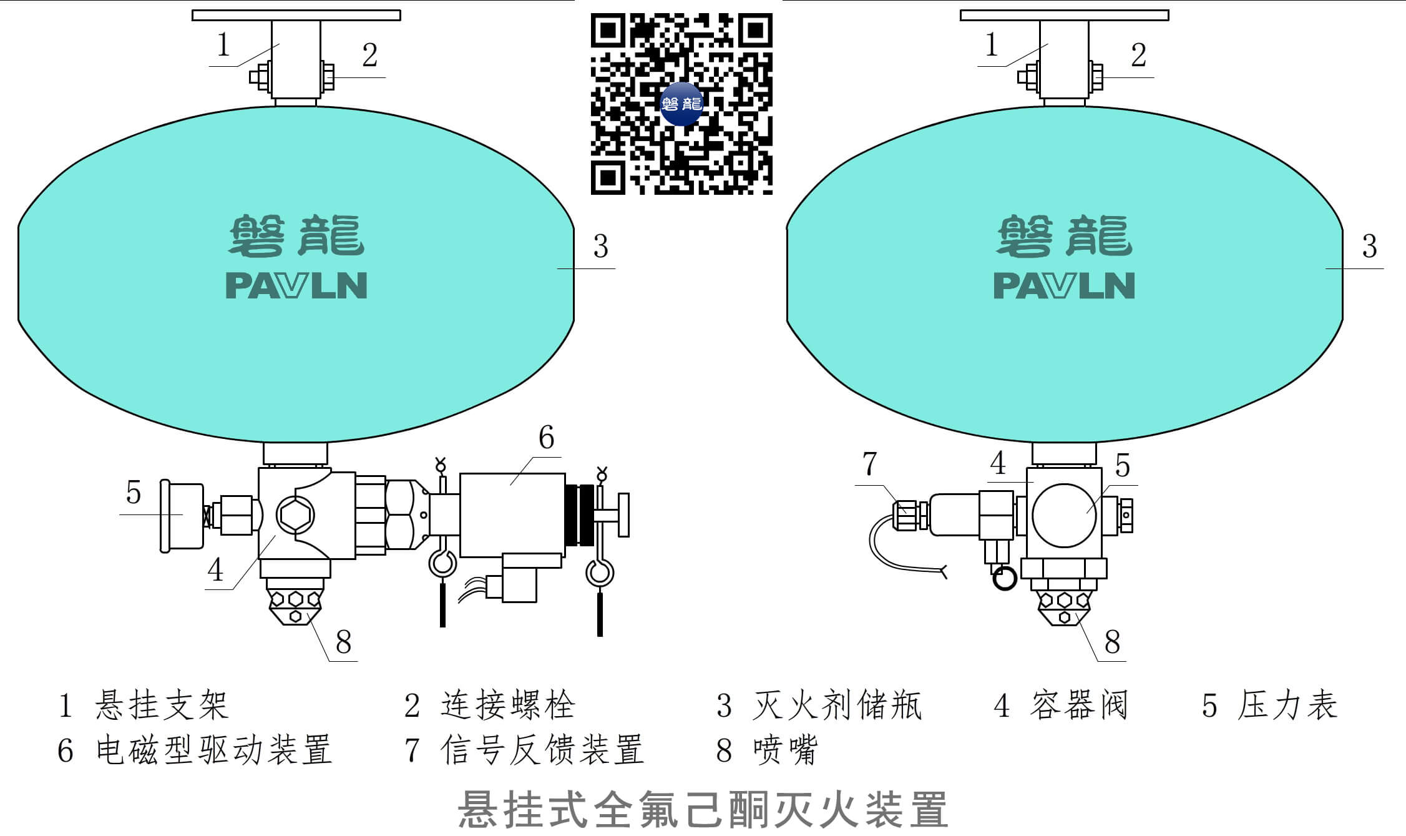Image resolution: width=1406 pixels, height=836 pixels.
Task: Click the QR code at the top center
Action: (681, 104)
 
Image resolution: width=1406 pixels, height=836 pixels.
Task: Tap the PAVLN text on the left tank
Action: (296, 286)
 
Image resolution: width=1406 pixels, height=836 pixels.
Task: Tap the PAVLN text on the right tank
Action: (1064, 286)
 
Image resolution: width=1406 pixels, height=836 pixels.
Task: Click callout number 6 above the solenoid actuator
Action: (546, 438)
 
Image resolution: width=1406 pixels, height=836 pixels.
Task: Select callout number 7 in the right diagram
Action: (869, 464)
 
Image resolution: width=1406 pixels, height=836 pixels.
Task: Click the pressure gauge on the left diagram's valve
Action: (181, 516)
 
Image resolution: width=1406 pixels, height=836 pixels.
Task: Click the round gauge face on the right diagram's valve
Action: (1064, 516)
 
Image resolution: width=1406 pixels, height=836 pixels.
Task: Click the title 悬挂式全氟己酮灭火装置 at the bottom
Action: (703, 810)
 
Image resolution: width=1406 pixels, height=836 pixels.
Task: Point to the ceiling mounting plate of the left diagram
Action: (296, 15)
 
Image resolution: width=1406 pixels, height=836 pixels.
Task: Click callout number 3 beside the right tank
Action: (1369, 247)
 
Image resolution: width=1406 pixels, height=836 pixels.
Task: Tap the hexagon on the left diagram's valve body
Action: (295, 516)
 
